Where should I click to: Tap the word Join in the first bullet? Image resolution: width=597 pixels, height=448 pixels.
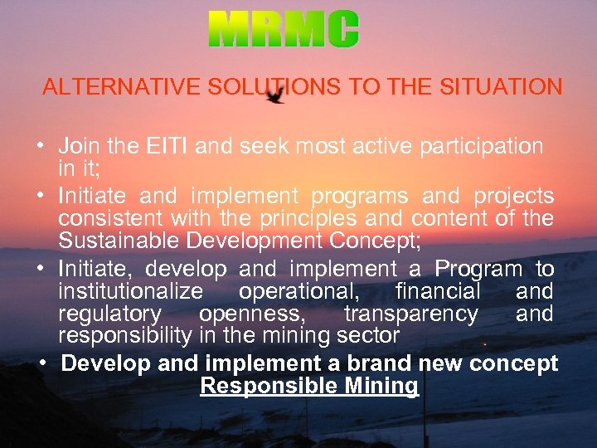pos(79,146)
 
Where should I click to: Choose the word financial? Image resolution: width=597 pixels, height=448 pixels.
pos(438,291)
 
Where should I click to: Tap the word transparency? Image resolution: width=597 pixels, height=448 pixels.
pos(411,314)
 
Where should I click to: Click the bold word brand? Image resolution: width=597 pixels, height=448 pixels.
pos(375,363)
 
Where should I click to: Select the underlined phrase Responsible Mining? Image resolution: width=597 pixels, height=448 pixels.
pos(309,386)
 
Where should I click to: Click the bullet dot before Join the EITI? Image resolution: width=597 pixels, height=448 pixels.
pos(41,148)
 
